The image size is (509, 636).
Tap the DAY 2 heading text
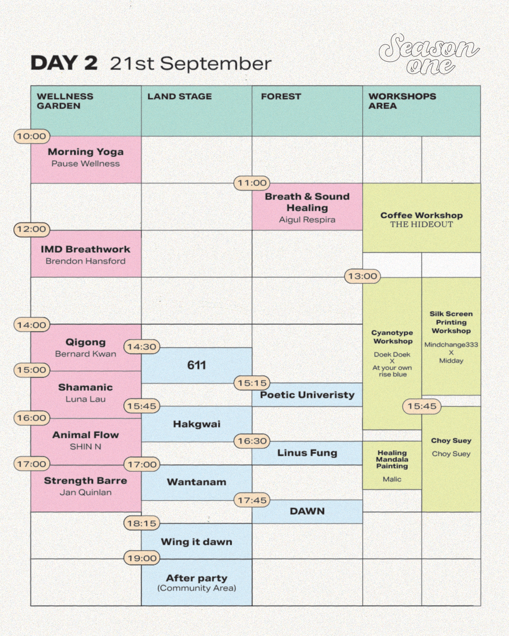click(64, 63)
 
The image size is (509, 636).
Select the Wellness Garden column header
click(65, 101)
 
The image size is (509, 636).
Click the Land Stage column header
click(180, 97)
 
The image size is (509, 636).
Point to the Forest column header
click(281, 97)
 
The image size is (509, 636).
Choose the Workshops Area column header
click(402, 101)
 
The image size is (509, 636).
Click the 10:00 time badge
click(32, 137)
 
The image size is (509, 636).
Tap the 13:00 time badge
click(362, 276)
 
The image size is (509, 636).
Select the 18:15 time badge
click(141, 523)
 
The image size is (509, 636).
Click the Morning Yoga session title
click(86, 152)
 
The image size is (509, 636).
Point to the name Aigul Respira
click(307, 220)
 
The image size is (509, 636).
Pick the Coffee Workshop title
click(421, 215)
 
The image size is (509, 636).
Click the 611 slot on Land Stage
click(197, 365)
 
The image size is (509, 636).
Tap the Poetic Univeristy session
click(307, 395)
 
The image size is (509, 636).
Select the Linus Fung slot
click(307, 453)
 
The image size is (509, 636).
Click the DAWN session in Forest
click(307, 511)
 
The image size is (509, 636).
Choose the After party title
click(197, 578)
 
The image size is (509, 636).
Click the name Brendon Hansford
click(86, 261)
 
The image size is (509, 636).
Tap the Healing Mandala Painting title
click(392, 459)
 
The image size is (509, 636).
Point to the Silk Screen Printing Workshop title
click(451, 322)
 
